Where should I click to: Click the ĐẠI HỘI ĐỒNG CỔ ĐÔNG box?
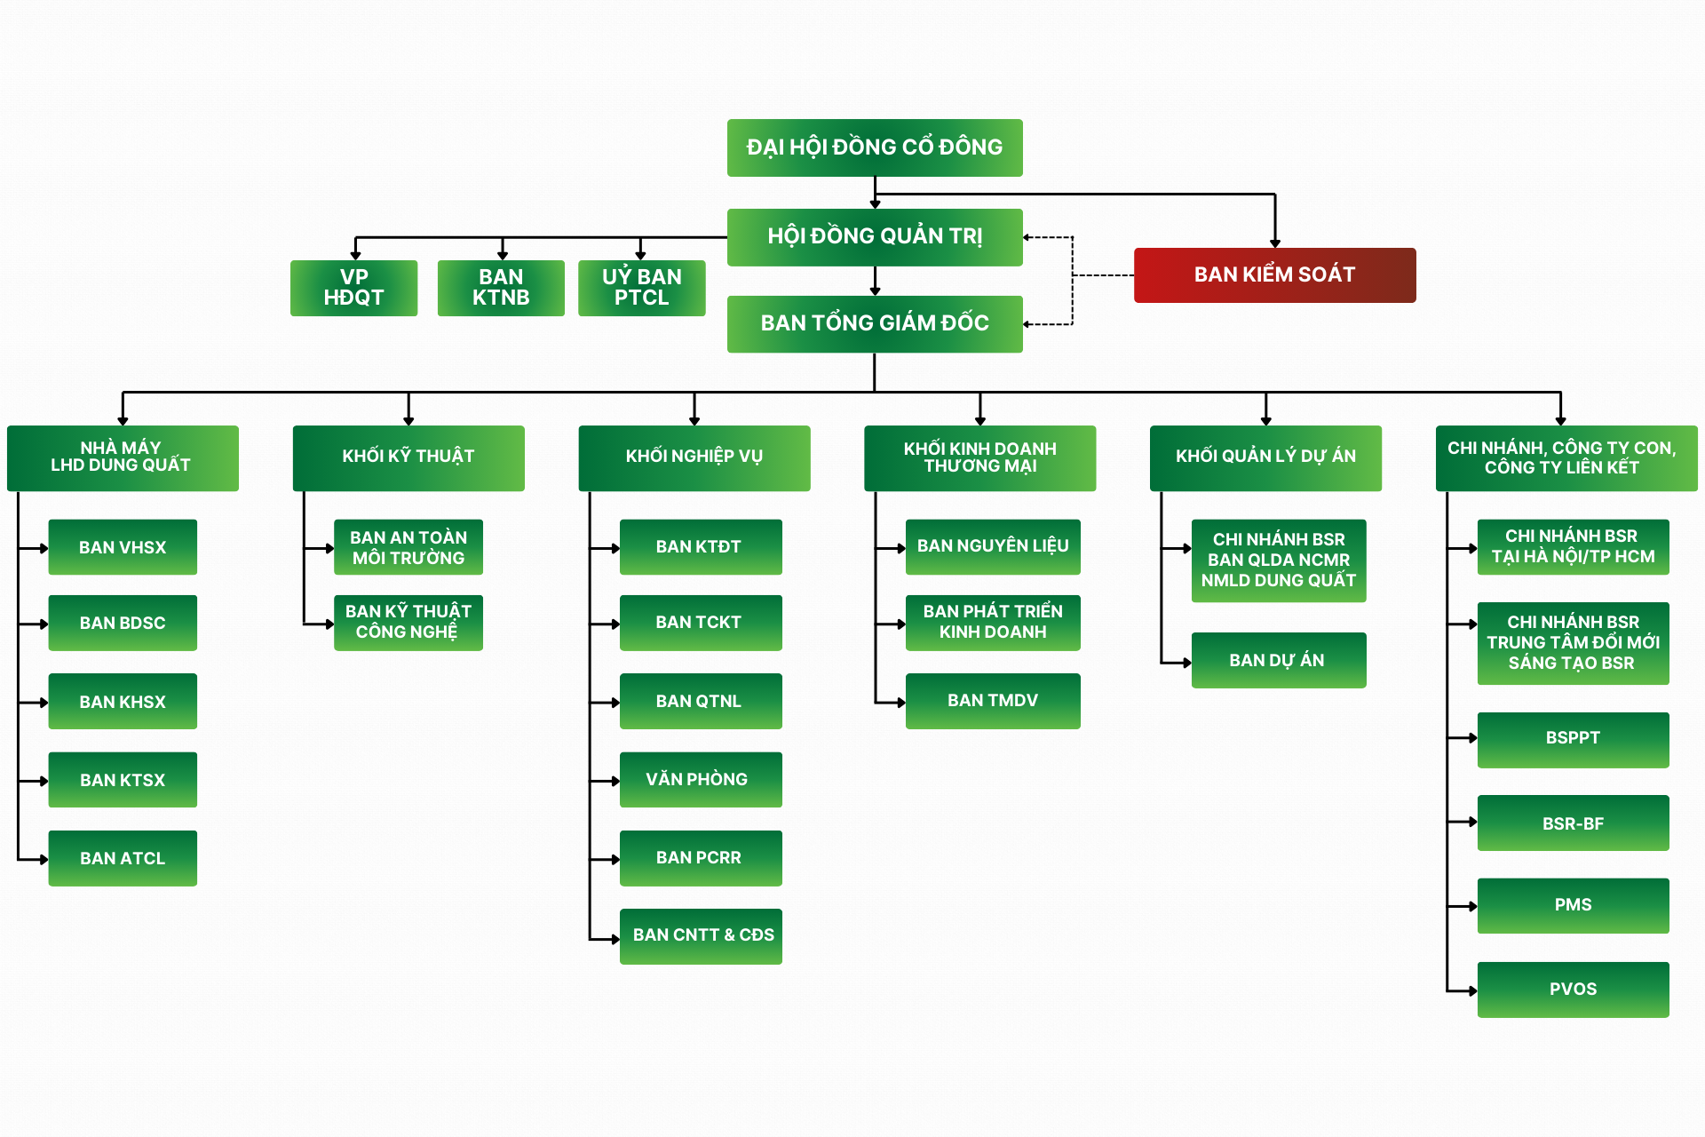pos(875,147)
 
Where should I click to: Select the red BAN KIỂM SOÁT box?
pos(1274,275)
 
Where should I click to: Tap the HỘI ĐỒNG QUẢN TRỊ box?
pos(875,237)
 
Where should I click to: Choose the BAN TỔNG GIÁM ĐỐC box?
pos(875,324)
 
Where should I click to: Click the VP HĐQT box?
pos(353,288)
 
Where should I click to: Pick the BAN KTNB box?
pos(501,288)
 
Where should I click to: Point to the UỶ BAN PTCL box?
pos(641,288)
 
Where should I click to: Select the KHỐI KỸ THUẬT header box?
pos(408,457)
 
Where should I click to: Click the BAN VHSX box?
pos(123,547)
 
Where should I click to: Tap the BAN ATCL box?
pos(123,858)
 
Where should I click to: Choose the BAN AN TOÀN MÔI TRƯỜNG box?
pos(408,547)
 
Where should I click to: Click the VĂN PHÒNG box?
pos(701,780)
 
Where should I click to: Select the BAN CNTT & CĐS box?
pos(701,936)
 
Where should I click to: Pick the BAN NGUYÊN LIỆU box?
pos(993,547)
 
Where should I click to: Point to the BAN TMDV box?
pos(993,701)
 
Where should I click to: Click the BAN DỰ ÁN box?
pos(1279,660)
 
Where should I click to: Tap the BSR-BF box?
pos(1573,823)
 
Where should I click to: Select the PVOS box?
pos(1573,990)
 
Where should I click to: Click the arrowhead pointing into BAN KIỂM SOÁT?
pos(1275,243)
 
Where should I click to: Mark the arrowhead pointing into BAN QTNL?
pos(615,703)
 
